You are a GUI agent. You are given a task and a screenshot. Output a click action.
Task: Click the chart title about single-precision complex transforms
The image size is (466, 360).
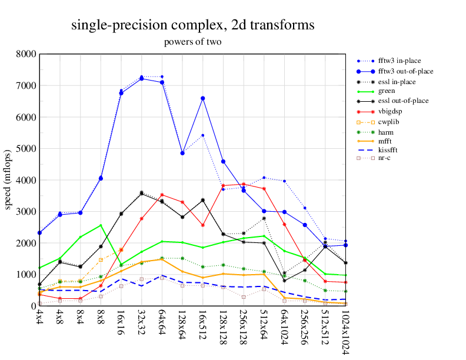pos(192,25)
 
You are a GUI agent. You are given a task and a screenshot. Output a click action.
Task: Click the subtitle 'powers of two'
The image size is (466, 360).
pos(192,42)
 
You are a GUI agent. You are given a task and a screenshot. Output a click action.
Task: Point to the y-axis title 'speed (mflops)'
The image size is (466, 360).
pos(9,180)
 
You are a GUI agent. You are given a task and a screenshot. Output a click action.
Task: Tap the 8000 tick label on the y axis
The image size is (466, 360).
pos(26,54)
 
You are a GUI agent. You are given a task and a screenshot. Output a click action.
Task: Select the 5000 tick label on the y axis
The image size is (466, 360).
pos(26,148)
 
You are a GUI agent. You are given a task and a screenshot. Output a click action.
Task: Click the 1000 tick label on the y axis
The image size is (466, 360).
pos(26,274)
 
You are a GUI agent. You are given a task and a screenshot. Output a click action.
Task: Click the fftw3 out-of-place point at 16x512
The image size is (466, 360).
pos(202,98)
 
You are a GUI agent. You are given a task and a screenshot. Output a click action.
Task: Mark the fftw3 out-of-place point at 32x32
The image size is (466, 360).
pos(141,79)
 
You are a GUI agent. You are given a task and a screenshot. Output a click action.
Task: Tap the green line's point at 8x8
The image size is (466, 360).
pos(101,225)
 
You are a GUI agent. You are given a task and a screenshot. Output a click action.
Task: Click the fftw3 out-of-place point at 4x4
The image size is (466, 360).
pos(39,233)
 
